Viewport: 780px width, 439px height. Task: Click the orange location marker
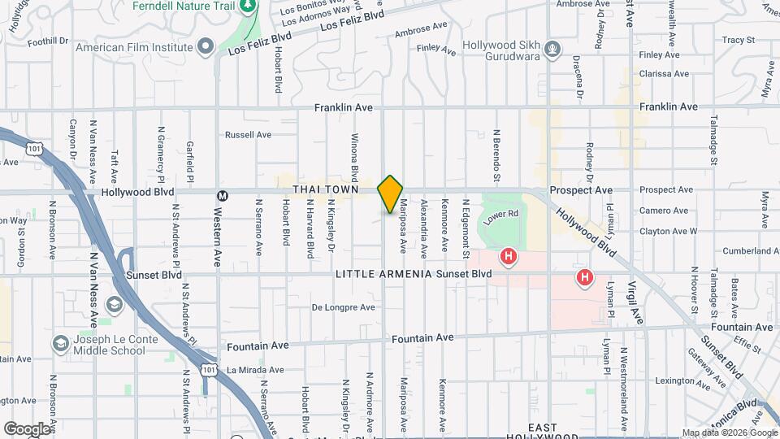click(x=390, y=193)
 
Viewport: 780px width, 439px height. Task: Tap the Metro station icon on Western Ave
click(x=222, y=195)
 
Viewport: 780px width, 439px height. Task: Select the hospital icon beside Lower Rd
click(x=509, y=258)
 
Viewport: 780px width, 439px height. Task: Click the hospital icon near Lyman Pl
click(x=584, y=278)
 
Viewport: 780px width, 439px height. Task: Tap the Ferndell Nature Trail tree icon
click(x=249, y=6)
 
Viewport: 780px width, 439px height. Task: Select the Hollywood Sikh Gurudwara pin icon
click(x=553, y=50)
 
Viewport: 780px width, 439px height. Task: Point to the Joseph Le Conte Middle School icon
click(x=60, y=344)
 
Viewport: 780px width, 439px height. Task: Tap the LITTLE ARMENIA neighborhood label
click(x=383, y=274)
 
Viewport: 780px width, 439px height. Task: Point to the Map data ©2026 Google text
click(x=728, y=432)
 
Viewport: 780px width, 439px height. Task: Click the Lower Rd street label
click(x=500, y=215)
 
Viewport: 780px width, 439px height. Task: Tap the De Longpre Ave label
click(x=344, y=307)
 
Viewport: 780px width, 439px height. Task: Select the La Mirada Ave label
click(x=253, y=370)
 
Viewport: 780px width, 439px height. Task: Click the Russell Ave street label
click(x=248, y=134)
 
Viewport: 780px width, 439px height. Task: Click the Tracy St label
click(x=738, y=39)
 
